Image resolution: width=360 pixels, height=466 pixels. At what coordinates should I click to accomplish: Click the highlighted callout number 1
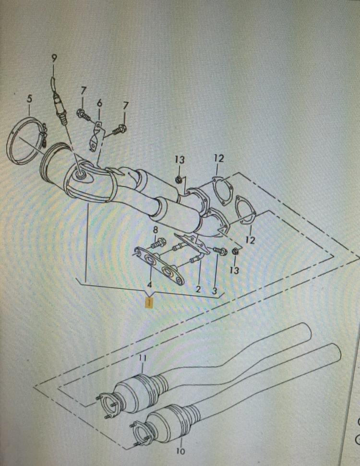click(148, 303)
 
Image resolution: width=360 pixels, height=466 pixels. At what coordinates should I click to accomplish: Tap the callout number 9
click(54, 59)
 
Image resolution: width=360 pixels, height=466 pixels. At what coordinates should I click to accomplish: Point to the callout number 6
click(99, 103)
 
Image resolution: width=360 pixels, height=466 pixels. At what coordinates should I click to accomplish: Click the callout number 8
click(156, 230)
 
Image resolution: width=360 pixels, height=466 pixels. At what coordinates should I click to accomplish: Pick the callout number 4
click(150, 285)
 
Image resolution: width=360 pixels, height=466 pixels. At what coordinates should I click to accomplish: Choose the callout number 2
click(198, 289)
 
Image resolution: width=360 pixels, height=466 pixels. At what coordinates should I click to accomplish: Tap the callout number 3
click(215, 291)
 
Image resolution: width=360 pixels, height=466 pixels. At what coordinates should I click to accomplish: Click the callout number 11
click(143, 358)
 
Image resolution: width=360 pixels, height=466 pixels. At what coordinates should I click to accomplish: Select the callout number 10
click(180, 451)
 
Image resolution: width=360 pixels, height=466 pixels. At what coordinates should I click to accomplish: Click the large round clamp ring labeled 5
click(26, 141)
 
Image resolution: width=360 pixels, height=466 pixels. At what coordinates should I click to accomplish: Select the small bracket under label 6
click(96, 137)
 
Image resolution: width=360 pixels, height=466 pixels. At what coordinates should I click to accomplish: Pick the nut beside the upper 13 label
click(179, 179)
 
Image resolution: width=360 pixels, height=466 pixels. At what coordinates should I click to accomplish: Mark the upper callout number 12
click(219, 158)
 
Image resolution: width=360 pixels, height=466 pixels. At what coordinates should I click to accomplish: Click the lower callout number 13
click(235, 270)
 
